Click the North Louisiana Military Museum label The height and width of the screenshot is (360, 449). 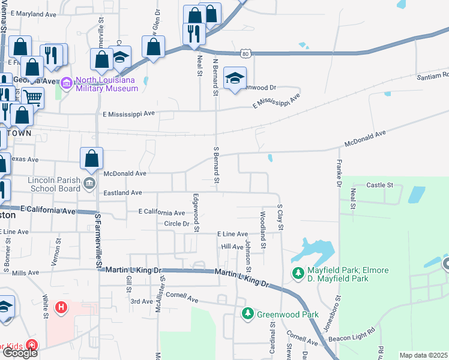coord(107,84)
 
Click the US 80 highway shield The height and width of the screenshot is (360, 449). coord(246,54)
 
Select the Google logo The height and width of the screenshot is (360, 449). coord(20,353)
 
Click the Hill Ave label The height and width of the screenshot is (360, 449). coord(232,247)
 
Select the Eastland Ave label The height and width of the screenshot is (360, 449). coord(122,193)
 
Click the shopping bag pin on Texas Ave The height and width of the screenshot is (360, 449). coord(92,159)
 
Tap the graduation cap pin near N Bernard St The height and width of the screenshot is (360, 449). coord(234,77)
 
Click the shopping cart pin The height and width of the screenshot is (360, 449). coord(32,97)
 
